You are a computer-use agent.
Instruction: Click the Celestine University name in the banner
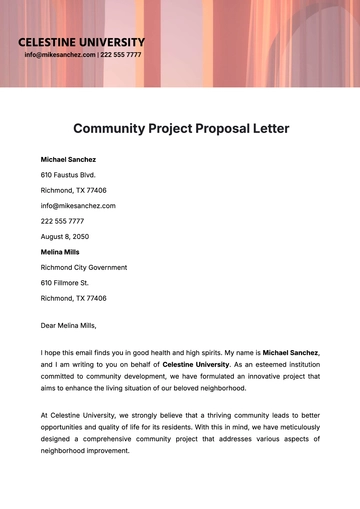pyautogui.click(x=81, y=42)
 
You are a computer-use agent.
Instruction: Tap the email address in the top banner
pyautogui.click(x=60, y=55)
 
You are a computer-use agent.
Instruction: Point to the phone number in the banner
pyautogui.click(x=122, y=55)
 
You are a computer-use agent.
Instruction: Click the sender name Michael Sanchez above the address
pyautogui.click(x=69, y=159)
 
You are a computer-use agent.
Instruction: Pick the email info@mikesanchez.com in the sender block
pyautogui.click(x=78, y=206)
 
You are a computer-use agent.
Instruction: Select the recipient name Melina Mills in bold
pyautogui.click(x=61, y=252)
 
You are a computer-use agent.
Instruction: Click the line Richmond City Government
pyautogui.click(x=84, y=268)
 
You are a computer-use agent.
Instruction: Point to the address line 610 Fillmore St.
pyautogui.click(x=66, y=283)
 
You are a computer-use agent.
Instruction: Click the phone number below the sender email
pyautogui.click(x=62, y=221)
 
